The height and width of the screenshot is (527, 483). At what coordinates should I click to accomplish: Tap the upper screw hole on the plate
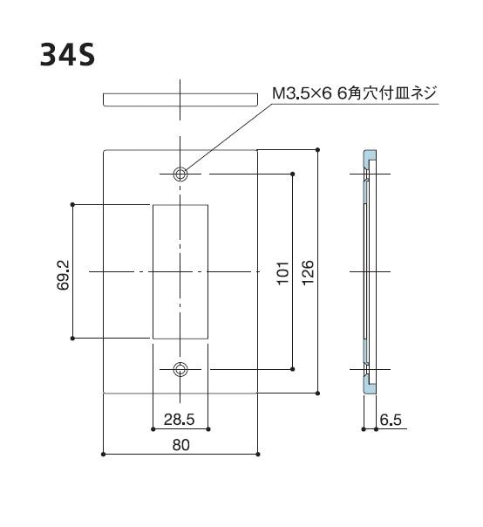(180, 174)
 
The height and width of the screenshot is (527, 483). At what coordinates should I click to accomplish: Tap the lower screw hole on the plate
(180, 368)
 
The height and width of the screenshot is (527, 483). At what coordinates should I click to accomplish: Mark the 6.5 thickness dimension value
(391, 421)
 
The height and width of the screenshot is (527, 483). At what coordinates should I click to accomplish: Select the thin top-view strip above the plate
(180, 99)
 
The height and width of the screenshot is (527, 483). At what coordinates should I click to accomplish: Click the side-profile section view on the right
(367, 271)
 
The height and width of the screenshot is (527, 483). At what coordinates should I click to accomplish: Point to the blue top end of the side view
(369, 156)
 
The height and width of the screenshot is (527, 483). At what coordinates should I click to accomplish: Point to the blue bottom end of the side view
(369, 386)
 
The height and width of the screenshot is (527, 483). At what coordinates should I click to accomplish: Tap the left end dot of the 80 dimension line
(104, 455)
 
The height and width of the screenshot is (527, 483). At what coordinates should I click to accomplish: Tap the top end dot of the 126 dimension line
(317, 150)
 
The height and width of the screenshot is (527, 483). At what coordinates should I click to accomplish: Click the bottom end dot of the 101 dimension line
(293, 368)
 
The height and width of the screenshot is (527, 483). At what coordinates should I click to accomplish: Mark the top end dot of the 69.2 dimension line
(72, 205)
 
